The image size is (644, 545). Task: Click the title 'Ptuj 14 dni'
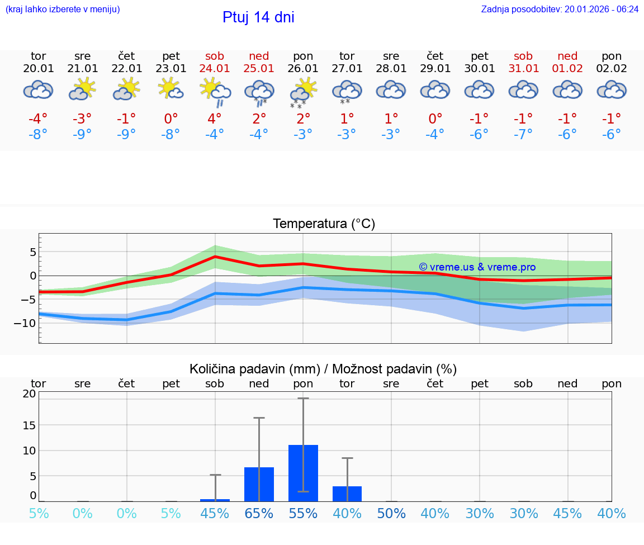click(258, 17)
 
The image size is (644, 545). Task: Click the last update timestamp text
click(560, 9)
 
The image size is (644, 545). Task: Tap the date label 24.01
click(215, 69)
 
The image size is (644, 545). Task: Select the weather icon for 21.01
click(82, 89)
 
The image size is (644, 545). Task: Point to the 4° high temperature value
click(215, 119)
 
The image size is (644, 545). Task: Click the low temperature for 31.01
click(523, 134)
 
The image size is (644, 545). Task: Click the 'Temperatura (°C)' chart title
click(324, 224)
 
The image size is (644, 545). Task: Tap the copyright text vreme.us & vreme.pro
click(477, 267)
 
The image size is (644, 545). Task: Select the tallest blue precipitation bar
click(303, 473)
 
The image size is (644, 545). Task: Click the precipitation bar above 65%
click(259, 484)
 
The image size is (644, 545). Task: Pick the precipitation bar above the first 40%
click(347, 494)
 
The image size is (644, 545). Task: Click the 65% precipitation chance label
click(259, 514)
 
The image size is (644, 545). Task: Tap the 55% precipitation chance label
click(303, 514)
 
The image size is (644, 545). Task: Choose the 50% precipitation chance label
click(391, 514)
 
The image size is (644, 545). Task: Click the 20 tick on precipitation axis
click(29, 394)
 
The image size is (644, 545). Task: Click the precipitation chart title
click(323, 369)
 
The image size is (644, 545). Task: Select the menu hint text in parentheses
click(63, 9)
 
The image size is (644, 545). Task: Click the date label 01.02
click(567, 69)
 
